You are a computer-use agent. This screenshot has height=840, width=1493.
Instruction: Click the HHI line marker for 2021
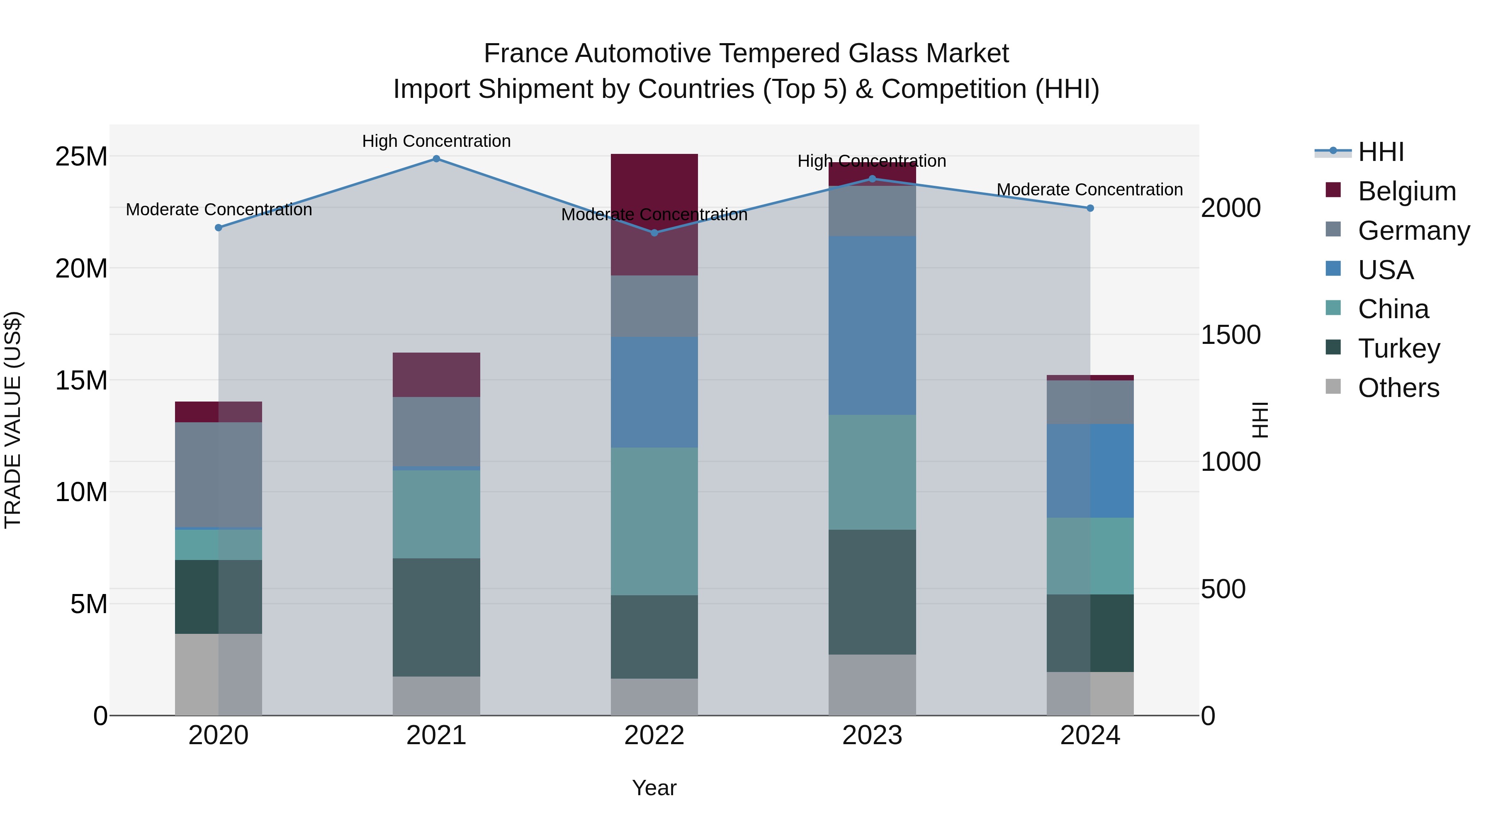tap(436, 159)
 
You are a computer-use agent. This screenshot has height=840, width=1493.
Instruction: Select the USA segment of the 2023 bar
tap(872, 325)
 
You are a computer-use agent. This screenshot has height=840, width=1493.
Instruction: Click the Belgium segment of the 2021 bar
tap(436, 375)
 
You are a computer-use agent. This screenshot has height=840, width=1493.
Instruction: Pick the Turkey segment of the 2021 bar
tap(436, 617)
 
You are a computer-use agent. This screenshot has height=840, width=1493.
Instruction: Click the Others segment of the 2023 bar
tap(872, 685)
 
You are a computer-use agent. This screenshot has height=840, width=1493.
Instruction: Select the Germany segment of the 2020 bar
tap(219, 475)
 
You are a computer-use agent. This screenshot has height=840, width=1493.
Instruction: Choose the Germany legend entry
tap(1413, 231)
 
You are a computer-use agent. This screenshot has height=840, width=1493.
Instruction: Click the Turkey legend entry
tap(1398, 348)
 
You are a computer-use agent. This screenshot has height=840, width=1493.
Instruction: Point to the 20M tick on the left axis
tap(82, 268)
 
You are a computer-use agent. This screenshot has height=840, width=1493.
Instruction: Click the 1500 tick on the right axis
tap(1230, 335)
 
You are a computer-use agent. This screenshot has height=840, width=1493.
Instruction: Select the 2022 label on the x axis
tap(654, 735)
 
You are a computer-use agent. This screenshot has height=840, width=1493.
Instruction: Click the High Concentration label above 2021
tap(436, 141)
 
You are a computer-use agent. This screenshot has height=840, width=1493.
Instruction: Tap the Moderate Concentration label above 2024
tap(1089, 190)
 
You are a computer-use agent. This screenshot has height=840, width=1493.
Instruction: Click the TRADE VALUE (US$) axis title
tap(13, 420)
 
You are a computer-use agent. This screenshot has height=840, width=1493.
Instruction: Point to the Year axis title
tap(654, 788)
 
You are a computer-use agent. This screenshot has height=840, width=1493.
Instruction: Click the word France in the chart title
tap(526, 54)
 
